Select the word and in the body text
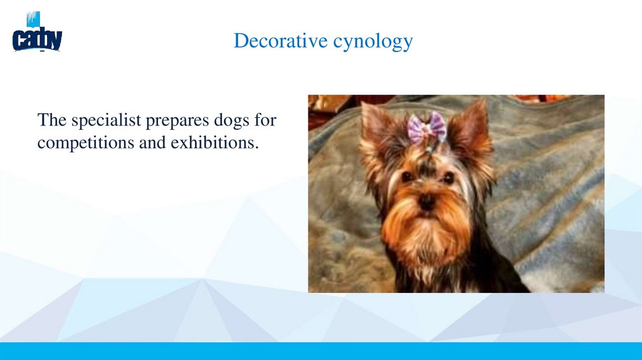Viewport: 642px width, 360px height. [x=152, y=142]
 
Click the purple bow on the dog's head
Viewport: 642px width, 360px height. [x=427, y=127]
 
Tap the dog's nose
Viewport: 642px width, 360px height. [x=427, y=202]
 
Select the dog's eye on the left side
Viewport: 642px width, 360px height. [x=407, y=177]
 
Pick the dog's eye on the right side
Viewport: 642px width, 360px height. [x=448, y=177]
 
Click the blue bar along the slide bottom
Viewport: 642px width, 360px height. [x=321, y=351]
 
